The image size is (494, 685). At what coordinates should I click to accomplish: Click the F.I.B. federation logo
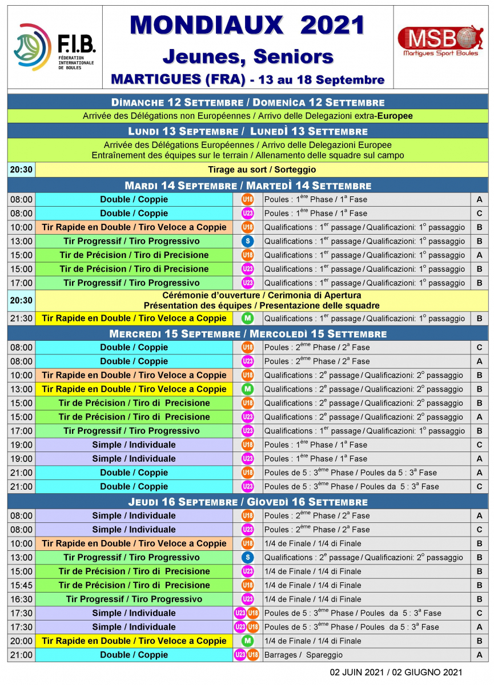click(55, 47)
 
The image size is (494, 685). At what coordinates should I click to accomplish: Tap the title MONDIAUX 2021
click(247, 25)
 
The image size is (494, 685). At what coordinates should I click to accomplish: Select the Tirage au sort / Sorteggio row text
click(262, 170)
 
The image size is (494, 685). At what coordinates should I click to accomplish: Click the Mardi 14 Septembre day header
click(247, 186)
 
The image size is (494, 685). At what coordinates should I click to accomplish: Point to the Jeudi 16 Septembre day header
click(247, 502)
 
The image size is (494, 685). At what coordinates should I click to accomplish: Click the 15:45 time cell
click(21, 585)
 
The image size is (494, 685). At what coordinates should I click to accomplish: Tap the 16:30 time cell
click(21, 599)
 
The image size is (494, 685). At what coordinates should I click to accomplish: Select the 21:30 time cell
click(21, 319)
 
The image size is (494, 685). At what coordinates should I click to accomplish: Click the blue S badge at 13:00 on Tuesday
click(247, 241)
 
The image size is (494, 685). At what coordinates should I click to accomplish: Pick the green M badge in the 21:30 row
click(247, 319)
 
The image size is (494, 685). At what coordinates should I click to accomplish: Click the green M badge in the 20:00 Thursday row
click(247, 641)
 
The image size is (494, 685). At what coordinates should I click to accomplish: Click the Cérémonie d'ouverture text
click(262, 296)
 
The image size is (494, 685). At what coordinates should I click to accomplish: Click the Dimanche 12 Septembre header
click(247, 102)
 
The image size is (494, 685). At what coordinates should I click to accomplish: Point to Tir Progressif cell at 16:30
click(134, 599)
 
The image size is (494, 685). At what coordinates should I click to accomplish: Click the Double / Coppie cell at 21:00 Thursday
click(134, 655)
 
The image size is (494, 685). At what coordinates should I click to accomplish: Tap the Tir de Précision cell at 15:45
click(134, 585)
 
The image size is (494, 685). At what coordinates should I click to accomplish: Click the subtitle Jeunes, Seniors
click(247, 56)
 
